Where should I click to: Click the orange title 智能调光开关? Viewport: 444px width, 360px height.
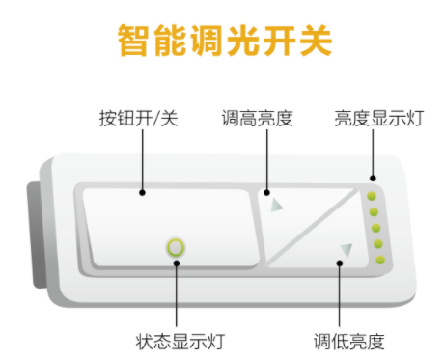tap(223, 41)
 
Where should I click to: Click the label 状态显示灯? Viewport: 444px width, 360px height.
tap(180, 341)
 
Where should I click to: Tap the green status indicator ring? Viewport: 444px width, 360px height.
tap(176, 247)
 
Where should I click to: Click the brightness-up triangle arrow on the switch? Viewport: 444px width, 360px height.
tap(277, 205)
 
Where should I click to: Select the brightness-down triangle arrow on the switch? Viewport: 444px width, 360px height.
tap(346, 251)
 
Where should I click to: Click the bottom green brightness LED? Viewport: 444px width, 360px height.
tap(380, 261)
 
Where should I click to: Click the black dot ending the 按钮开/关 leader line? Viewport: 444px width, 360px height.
tap(143, 192)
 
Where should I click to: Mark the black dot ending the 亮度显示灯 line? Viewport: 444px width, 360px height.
tap(372, 179)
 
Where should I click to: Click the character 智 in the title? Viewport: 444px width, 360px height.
tap(134, 41)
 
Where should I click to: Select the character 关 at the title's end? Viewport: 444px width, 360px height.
tap(312, 41)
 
